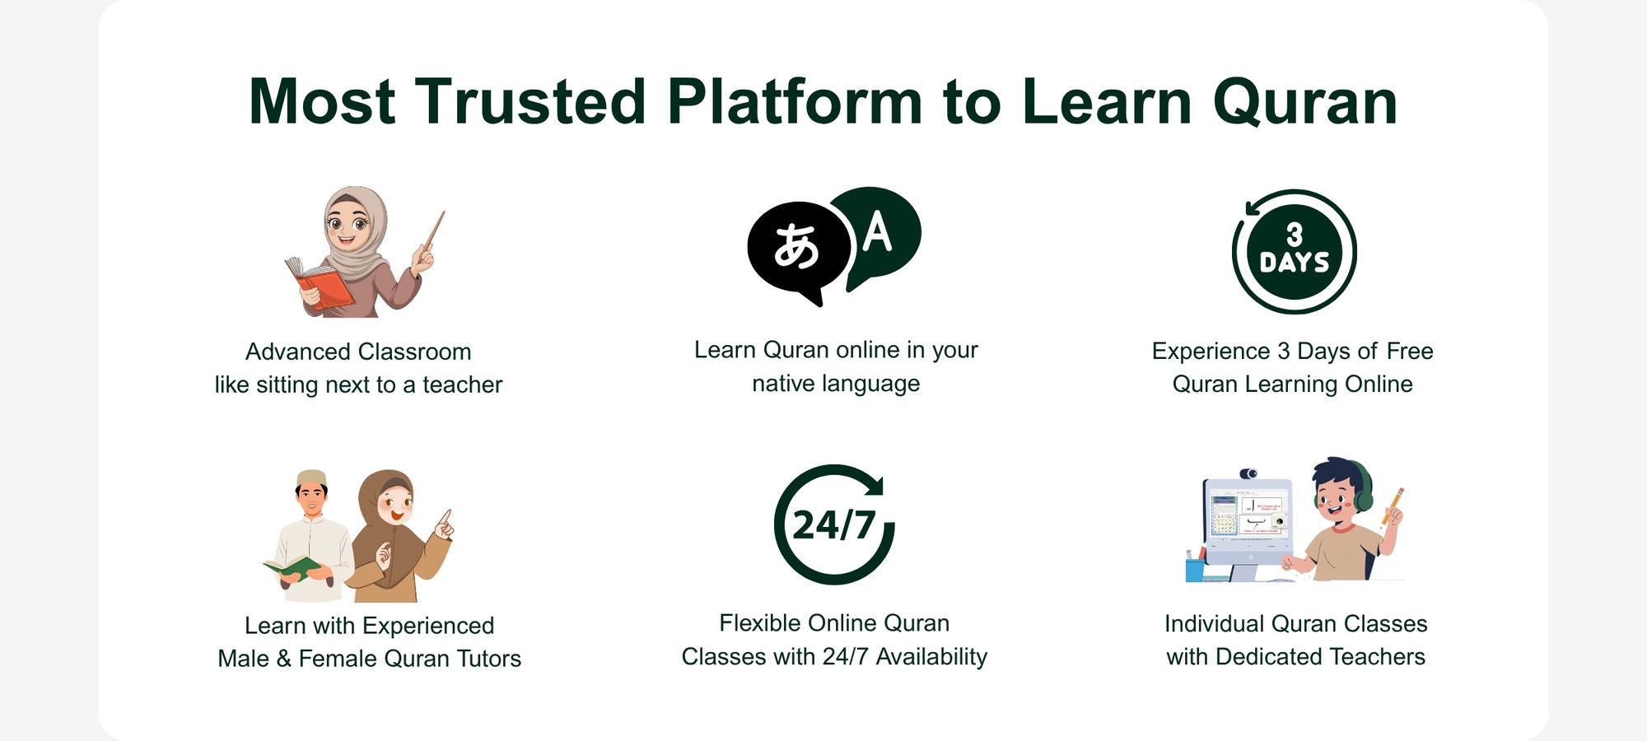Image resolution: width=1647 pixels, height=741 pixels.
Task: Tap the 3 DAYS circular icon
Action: point(1294,252)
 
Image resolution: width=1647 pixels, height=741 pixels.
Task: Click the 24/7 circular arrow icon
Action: point(834,524)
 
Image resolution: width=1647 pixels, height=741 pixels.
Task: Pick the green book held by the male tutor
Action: point(292,567)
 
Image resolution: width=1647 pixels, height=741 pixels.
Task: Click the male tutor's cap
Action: point(311,478)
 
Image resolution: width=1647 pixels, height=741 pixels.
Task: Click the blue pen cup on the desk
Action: point(1195,569)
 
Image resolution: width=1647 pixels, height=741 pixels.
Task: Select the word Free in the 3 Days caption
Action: point(1410,352)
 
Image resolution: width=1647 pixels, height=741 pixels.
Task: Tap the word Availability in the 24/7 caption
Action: point(931,657)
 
